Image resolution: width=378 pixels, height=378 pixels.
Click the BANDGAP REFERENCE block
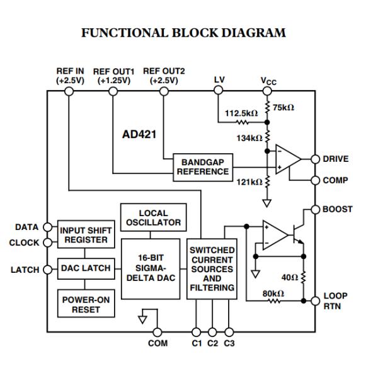[x=202, y=167]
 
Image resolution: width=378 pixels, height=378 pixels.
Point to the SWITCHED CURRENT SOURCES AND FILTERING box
[x=212, y=268]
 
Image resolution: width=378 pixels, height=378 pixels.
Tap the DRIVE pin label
[x=335, y=159]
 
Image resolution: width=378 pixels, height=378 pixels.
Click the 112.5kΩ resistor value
[x=242, y=113]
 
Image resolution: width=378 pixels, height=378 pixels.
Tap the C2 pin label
[x=212, y=344]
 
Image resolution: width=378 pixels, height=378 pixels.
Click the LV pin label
[x=219, y=80]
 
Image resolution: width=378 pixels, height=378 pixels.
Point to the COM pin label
[x=157, y=344]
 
